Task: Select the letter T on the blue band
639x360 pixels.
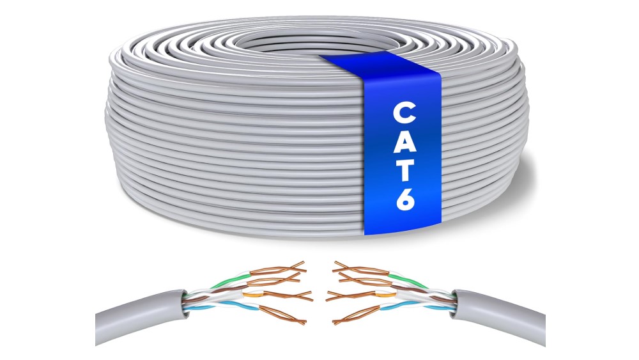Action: (x=404, y=169)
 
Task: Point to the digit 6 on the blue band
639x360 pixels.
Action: (x=405, y=198)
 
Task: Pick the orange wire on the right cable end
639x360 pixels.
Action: (x=385, y=293)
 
